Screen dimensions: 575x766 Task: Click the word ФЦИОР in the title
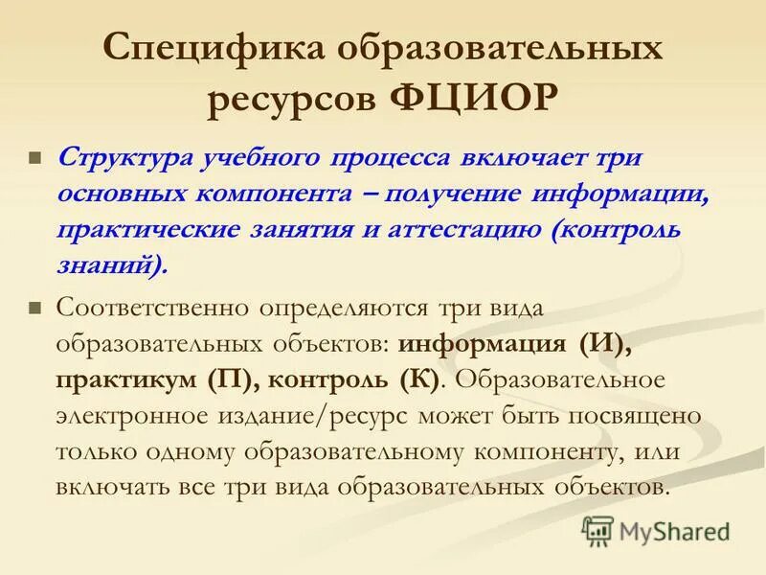pyautogui.click(x=475, y=97)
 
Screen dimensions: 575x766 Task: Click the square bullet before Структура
pyautogui.click(x=35, y=157)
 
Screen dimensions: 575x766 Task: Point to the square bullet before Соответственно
pyautogui.click(x=35, y=309)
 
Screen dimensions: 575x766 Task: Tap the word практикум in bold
pyautogui.click(x=125, y=379)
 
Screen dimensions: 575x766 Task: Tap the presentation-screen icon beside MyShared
pyautogui.click(x=598, y=529)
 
